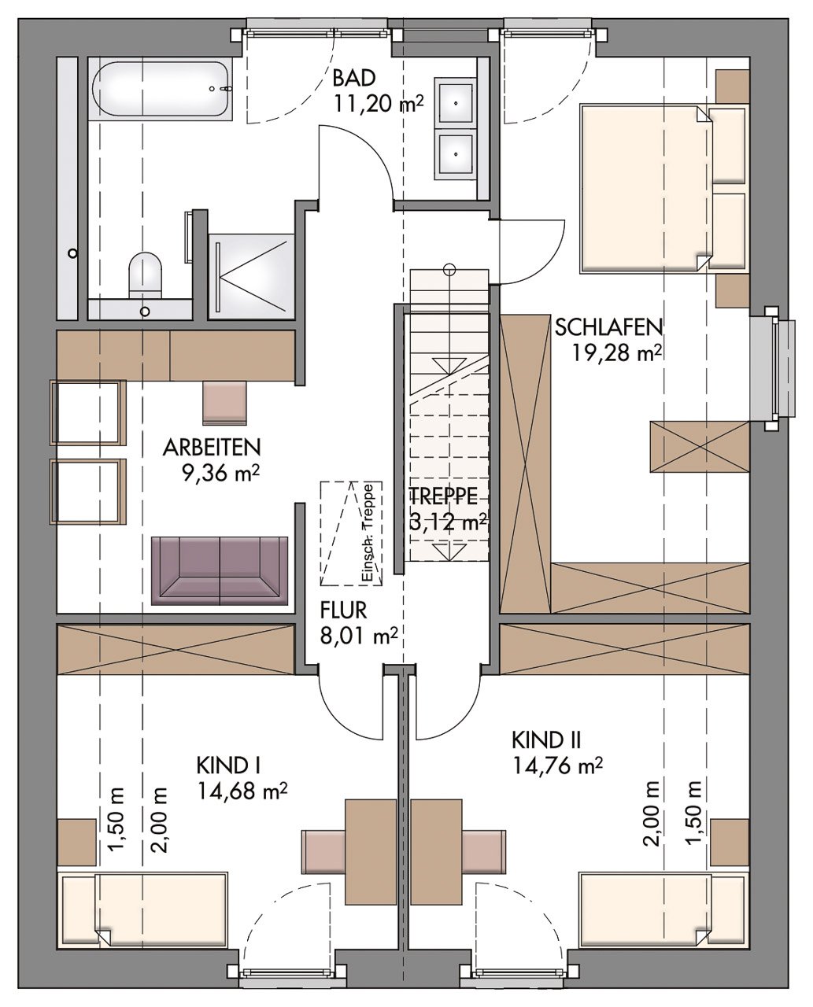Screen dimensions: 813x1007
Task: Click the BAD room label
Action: click(x=354, y=79)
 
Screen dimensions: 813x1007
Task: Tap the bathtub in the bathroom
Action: click(x=161, y=89)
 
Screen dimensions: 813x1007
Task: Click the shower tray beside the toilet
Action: click(x=251, y=275)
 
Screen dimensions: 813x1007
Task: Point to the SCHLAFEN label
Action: click(x=608, y=327)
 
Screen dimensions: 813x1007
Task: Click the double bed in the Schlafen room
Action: click(x=662, y=189)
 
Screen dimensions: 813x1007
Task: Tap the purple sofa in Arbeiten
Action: click(x=220, y=570)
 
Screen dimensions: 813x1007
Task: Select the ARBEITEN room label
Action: click(x=212, y=448)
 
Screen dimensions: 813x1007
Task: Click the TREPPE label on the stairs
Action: click(x=443, y=496)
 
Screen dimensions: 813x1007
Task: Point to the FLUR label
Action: click(x=343, y=610)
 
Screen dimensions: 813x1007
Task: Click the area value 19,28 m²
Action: click(x=617, y=352)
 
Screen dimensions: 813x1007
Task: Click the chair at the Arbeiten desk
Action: click(x=225, y=402)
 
